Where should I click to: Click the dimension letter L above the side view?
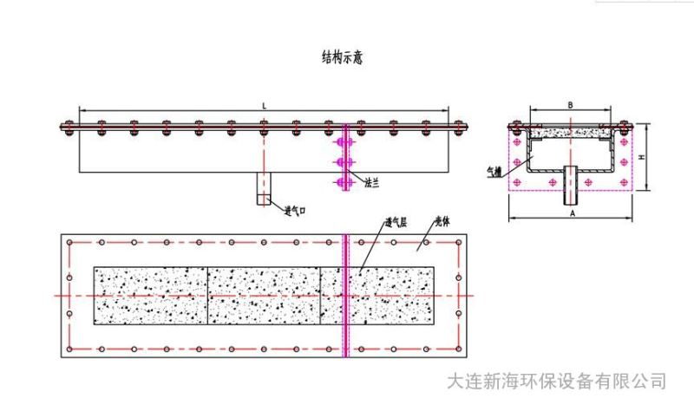264,104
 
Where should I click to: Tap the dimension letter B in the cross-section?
570,104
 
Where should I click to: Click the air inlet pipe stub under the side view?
264,188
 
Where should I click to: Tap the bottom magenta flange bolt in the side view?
343,182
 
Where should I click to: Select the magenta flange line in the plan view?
346,296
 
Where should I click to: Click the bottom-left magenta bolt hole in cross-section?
518,182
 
